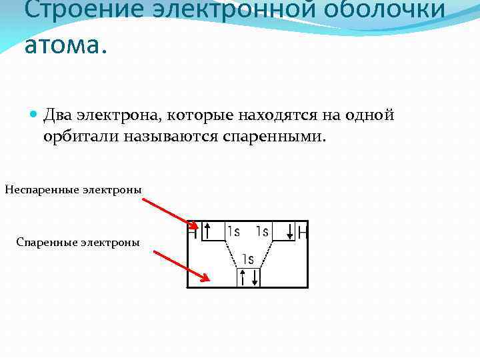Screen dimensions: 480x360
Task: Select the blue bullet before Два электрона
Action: [x=35, y=115]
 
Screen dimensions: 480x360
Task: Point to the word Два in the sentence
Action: [x=58, y=115]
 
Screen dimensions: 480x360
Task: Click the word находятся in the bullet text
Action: [x=271, y=115]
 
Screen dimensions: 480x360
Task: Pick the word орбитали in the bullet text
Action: [x=81, y=136]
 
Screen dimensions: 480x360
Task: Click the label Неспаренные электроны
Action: [x=73, y=190]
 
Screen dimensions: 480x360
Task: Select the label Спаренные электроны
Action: [x=78, y=242]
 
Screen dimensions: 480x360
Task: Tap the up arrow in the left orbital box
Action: [x=208, y=231]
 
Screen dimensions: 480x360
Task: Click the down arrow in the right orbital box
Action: [x=290, y=231]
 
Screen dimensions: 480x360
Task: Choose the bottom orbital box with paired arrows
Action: [x=249, y=276]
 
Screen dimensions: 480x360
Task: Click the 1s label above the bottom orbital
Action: [x=248, y=259]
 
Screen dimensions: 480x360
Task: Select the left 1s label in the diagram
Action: [x=233, y=231]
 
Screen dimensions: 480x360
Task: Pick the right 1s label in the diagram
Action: [x=262, y=231]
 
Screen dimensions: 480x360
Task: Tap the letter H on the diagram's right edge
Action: [x=303, y=232]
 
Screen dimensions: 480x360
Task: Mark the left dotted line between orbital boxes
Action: [x=231, y=253]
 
